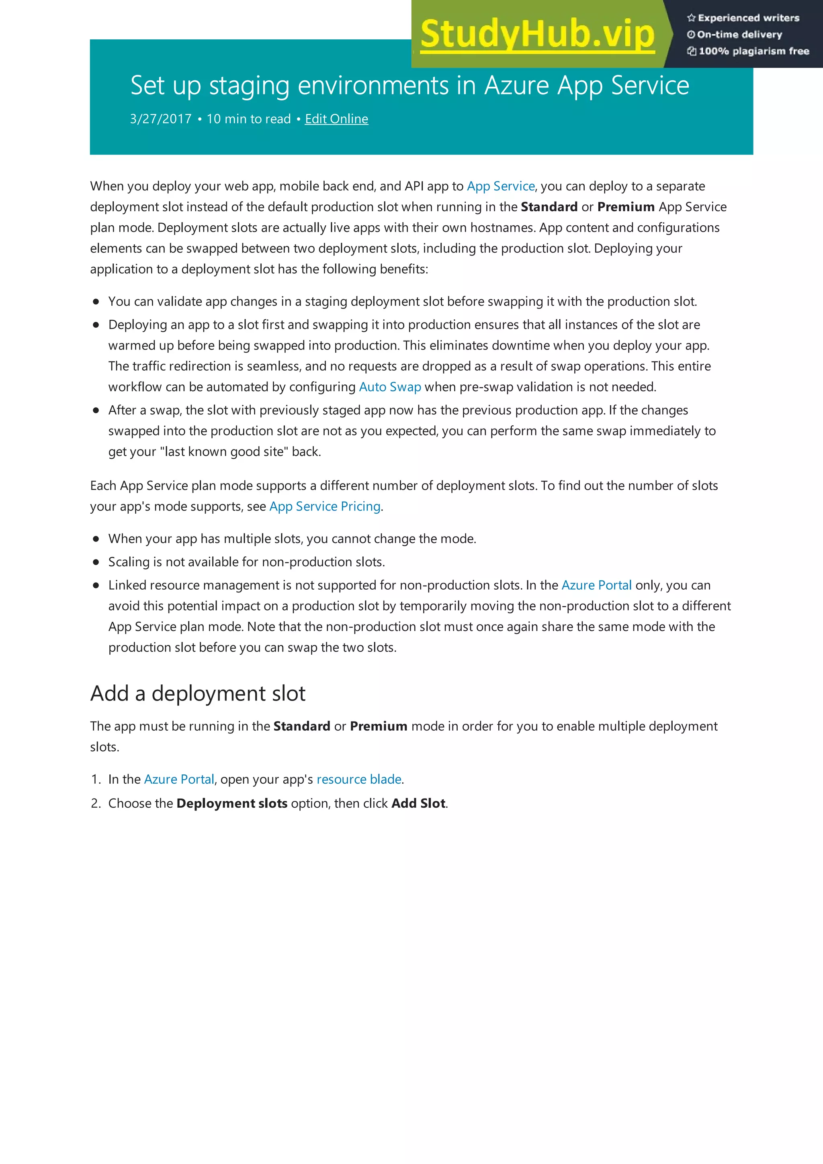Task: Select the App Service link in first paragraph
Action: (500, 186)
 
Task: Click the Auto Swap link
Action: (390, 387)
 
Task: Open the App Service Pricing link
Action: (325, 506)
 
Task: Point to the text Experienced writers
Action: (748, 18)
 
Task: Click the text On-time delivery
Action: (739, 35)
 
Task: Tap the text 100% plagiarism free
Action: (753, 51)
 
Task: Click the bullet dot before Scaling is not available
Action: (96, 562)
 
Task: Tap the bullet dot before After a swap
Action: (96, 410)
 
